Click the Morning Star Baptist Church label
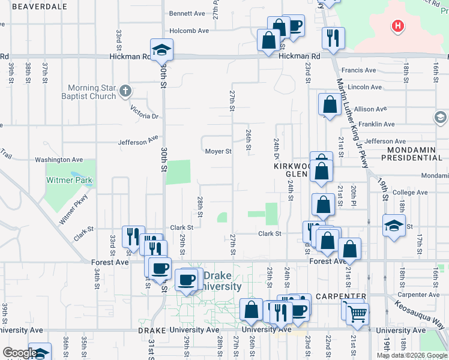click(91, 92)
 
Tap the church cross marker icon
click(125, 92)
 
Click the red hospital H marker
click(397, 26)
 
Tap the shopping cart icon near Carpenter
click(357, 313)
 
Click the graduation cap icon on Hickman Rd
click(161, 50)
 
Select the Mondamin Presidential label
click(415, 154)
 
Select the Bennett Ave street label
click(187, 13)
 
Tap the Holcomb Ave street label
click(189, 31)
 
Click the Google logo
click(19, 353)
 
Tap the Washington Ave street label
click(59, 160)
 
